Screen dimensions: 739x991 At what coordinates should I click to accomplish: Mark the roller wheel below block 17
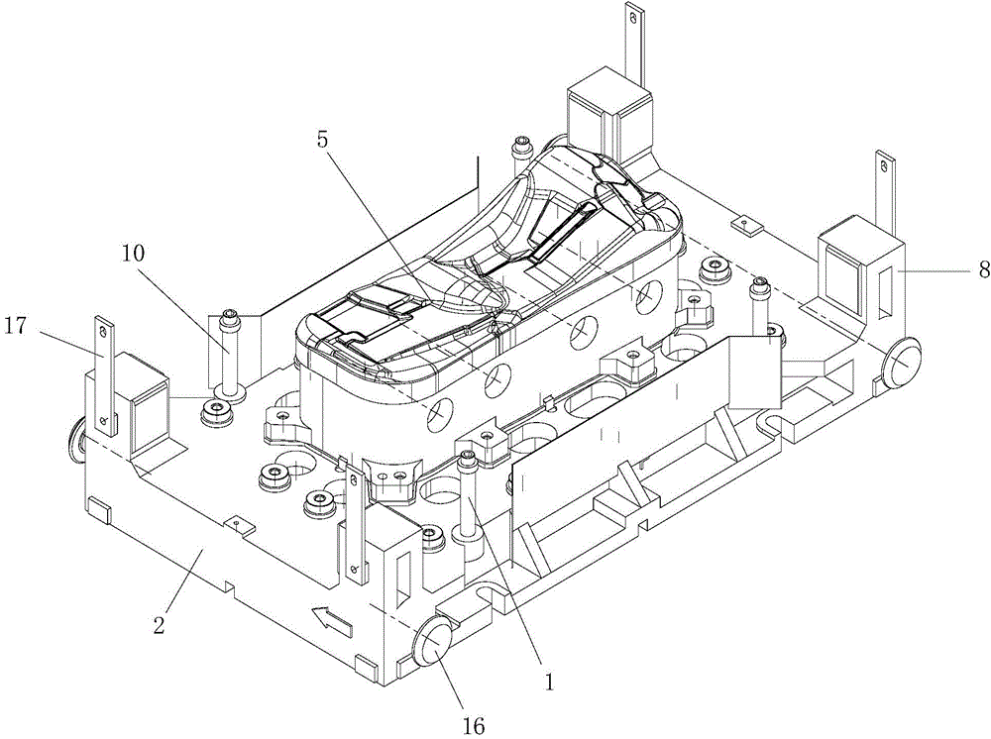76,437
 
